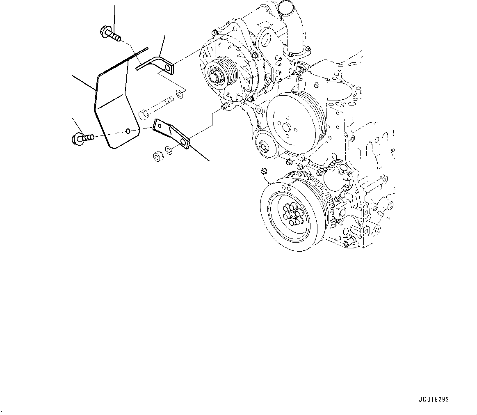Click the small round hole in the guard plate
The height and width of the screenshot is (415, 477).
(x=128, y=131)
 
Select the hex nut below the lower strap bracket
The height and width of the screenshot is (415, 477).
(x=157, y=156)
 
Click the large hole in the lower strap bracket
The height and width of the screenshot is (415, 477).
(x=183, y=143)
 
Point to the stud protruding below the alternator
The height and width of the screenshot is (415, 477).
(x=224, y=107)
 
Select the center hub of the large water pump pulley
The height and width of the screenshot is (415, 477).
(x=288, y=125)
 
